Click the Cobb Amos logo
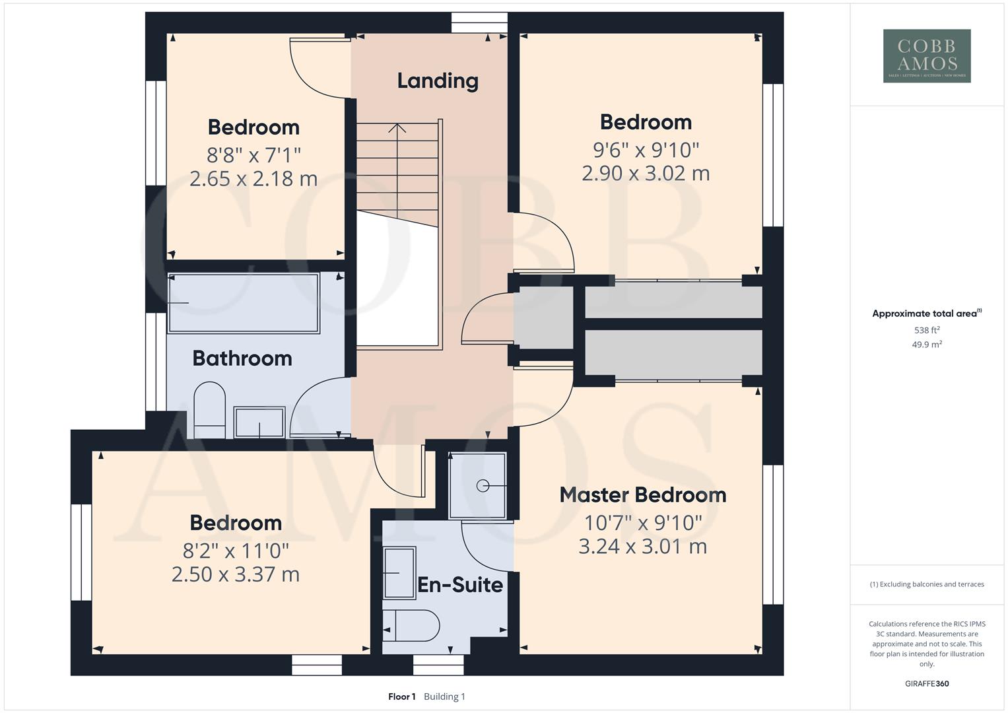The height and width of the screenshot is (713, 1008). pos(926,55)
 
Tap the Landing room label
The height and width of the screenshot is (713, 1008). pos(438,81)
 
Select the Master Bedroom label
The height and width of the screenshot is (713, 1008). pos(642,494)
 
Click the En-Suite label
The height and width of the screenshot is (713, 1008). pos(460,584)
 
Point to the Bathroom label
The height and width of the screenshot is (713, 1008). pos(242,358)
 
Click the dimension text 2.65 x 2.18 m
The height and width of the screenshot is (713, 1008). pos(253,178)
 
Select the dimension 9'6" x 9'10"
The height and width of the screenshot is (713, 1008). pos(646,150)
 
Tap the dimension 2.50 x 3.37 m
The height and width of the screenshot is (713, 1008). pos(236,574)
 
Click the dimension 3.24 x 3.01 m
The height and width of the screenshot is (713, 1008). pos(642,546)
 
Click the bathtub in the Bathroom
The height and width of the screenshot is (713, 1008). pos(244,303)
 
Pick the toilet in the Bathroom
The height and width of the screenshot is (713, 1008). pos(209,409)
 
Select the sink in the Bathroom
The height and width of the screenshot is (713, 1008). pos(259,422)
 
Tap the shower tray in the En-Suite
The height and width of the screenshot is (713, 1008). pos(477,486)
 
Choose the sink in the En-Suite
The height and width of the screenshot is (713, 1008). pos(399,572)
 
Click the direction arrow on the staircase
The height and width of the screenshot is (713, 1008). pos(397,127)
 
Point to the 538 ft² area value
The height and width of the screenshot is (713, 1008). pos(926,330)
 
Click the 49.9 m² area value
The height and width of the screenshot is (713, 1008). pos(926,345)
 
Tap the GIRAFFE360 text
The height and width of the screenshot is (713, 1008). pos(926,683)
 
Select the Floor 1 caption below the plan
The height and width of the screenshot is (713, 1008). pos(401,696)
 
